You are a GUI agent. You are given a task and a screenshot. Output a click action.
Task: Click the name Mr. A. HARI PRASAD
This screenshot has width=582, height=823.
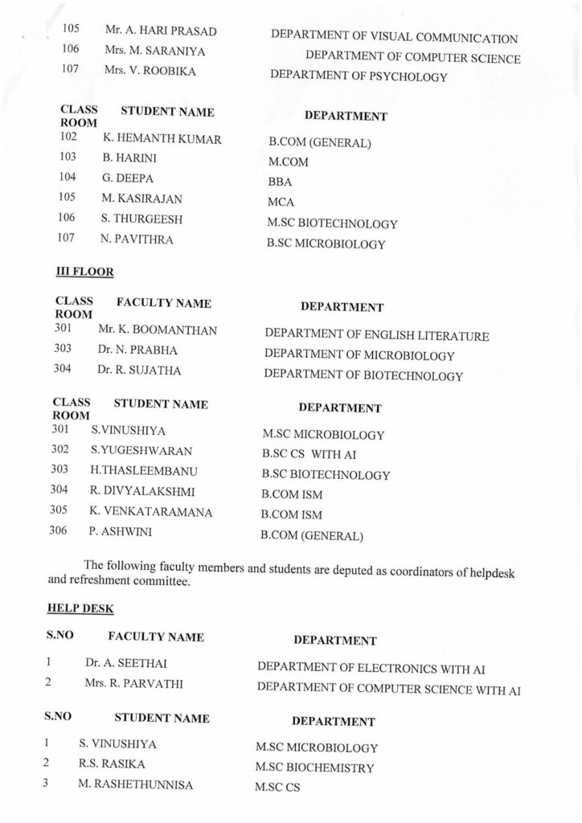161,31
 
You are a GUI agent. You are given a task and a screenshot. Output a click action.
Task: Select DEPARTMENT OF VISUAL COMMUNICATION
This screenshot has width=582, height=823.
394,38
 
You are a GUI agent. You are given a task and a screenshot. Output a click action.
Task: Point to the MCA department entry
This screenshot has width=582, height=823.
281,202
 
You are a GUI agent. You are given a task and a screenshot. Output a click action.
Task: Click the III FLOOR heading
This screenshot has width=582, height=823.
84,272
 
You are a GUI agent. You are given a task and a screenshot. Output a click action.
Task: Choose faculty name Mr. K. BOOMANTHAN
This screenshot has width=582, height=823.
157,330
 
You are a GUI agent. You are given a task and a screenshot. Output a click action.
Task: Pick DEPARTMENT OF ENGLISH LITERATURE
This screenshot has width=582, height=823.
376,336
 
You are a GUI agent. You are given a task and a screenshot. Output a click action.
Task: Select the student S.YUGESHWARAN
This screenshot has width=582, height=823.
141,450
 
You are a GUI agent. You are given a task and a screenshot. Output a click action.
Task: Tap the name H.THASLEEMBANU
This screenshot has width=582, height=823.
144,470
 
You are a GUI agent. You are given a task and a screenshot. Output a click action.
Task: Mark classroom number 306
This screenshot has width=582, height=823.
59,531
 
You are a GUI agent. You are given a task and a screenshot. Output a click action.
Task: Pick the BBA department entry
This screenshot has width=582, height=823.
280,182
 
